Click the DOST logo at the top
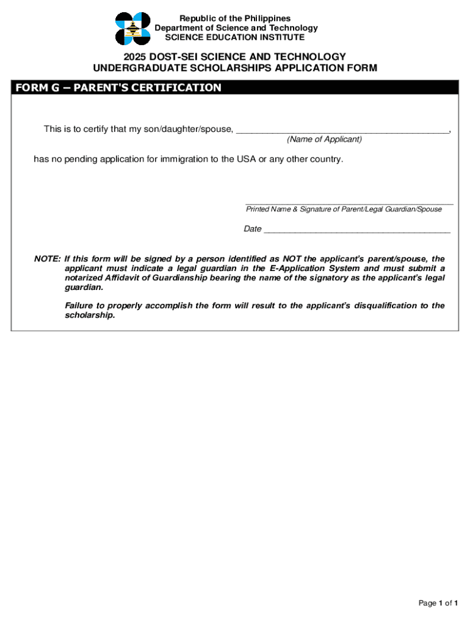pos(132,29)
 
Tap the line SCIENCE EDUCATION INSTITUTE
pos(235,37)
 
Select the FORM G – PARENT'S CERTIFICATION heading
pos(118,88)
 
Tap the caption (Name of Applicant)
pos(324,140)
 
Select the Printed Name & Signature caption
pos(344,209)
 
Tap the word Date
pos(253,229)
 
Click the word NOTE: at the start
pos(47,259)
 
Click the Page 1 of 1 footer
pos(438,604)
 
